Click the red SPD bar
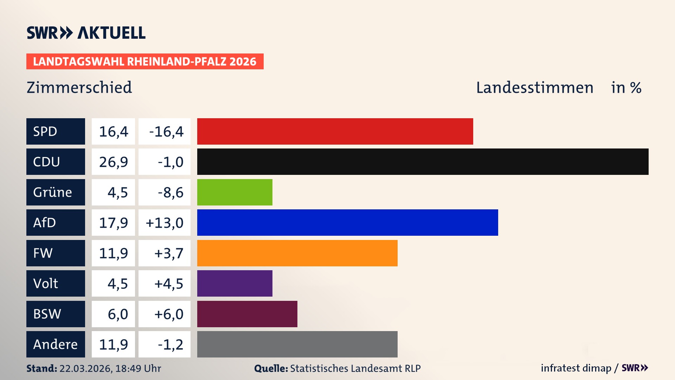335,131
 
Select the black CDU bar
423,161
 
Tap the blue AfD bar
347,222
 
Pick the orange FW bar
297,253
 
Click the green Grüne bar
234,192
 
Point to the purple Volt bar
234,283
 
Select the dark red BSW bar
247,314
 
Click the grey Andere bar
297,344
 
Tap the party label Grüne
53,192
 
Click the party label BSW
47,314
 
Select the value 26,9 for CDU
113,162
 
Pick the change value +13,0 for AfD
164,223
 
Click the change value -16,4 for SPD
166,132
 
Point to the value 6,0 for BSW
117,314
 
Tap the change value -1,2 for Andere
170,344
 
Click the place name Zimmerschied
79,87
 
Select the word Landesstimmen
534,87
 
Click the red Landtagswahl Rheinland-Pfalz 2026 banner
144,61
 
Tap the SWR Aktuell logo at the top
86,33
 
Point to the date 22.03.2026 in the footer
85,368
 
